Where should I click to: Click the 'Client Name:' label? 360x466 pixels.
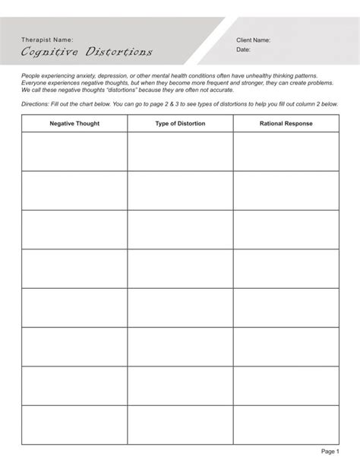(254, 40)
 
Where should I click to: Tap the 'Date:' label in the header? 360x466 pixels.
(243, 49)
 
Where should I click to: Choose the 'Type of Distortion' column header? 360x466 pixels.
(180, 123)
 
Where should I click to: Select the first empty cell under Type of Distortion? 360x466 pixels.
(180, 151)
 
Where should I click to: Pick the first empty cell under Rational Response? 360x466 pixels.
(285, 151)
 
